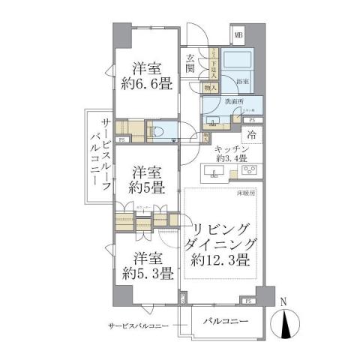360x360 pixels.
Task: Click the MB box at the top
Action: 238,34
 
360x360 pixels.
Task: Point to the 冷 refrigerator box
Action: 253,135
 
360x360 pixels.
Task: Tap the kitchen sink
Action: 214,175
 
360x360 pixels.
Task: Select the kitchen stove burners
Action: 251,173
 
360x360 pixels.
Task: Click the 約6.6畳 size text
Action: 148,83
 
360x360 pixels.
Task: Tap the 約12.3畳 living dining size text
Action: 223,259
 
